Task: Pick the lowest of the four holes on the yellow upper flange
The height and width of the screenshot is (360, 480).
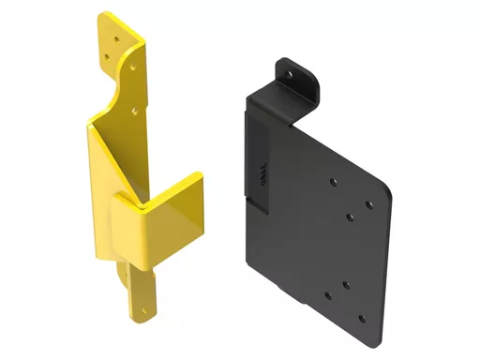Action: pyautogui.click(x=135, y=111)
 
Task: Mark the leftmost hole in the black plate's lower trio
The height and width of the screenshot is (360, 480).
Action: pyautogui.click(x=327, y=295)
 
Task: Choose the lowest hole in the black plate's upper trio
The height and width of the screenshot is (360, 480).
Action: pyautogui.click(x=349, y=217)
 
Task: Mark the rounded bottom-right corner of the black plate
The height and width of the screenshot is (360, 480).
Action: pyautogui.click(x=375, y=330)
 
